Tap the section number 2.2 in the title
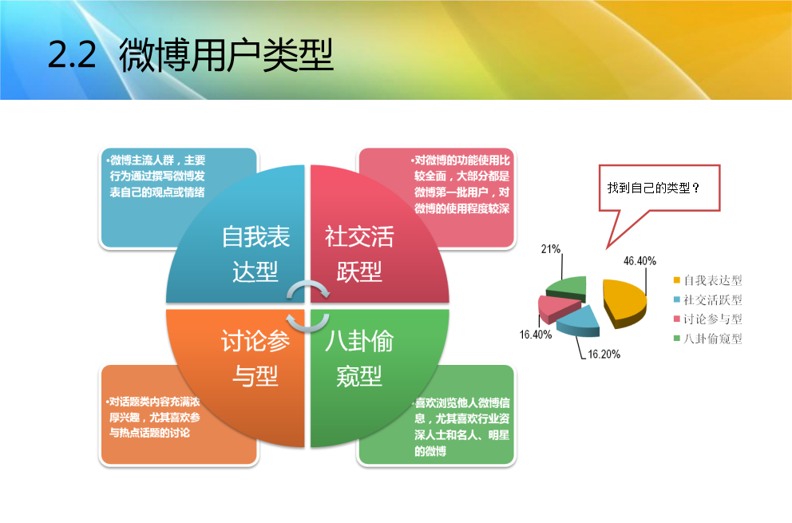tap(72, 55)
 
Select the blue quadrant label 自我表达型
tap(255, 254)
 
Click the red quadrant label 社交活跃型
tap(359, 254)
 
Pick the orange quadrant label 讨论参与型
tap(255, 359)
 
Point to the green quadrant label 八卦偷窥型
tap(359, 359)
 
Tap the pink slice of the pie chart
tap(557, 307)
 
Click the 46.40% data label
tap(640, 261)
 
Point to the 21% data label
tap(551, 248)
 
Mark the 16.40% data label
tap(536, 335)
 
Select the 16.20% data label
tap(604, 354)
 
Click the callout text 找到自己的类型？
tap(654, 188)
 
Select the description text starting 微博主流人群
tap(156, 176)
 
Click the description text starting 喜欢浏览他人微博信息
tap(461, 426)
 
